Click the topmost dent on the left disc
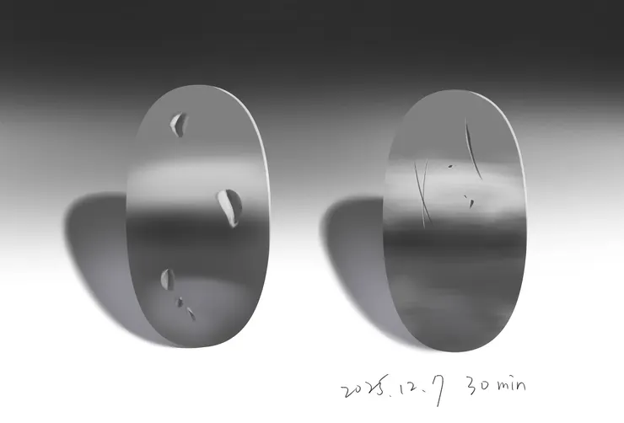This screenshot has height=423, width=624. [x=178, y=125]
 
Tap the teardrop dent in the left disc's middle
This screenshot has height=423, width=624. [x=230, y=206]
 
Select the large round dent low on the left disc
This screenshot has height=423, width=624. [x=168, y=279]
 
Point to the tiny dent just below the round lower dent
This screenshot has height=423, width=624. [x=180, y=303]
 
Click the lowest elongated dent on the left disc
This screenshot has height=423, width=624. [x=191, y=313]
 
